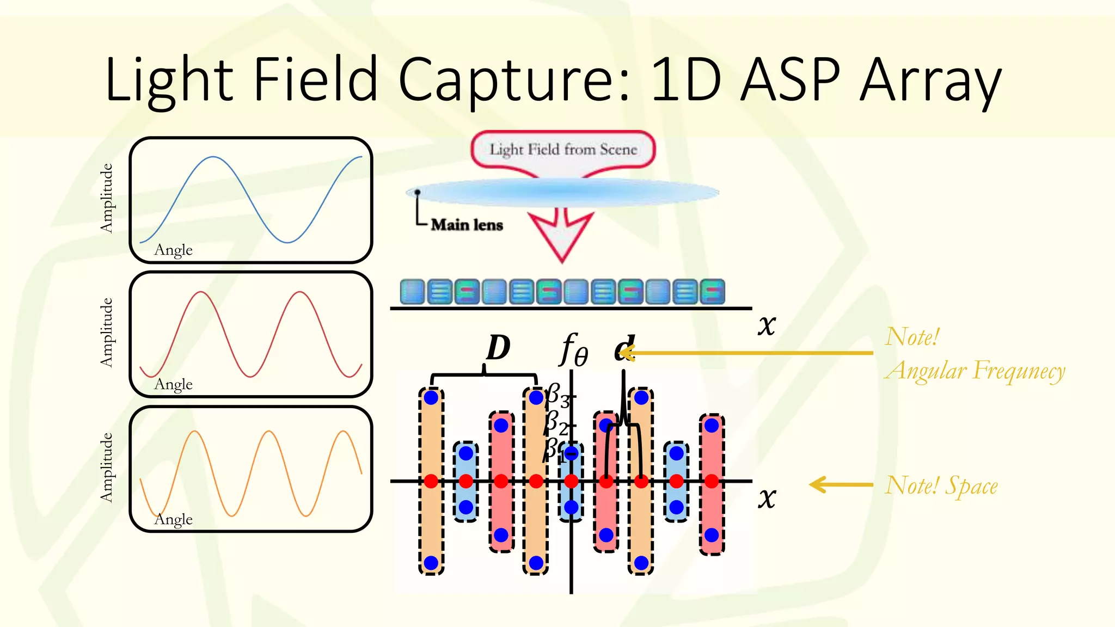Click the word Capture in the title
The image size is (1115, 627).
tap(514, 81)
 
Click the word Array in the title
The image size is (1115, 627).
tap(930, 81)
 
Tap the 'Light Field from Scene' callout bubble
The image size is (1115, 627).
tap(563, 150)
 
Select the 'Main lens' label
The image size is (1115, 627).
tap(467, 225)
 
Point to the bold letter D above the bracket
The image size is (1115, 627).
tap(498, 348)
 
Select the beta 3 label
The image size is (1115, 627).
tap(557, 395)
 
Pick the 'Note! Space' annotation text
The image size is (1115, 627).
tap(941, 485)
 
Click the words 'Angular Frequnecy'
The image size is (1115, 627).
tap(975, 371)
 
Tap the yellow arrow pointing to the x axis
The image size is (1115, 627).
tap(841, 484)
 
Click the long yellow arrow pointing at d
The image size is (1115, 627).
tap(751, 353)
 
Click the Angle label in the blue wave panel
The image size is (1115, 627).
tap(173, 250)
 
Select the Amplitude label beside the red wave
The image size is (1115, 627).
tap(106, 333)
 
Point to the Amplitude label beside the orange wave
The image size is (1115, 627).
tap(106, 467)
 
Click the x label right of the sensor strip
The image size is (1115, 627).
tap(767, 325)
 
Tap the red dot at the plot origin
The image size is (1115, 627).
tap(571, 481)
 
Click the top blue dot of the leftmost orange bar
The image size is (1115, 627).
tap(431, 397)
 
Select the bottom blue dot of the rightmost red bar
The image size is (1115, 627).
tap(712, 535)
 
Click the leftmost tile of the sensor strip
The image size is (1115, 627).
tap(412, 292)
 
